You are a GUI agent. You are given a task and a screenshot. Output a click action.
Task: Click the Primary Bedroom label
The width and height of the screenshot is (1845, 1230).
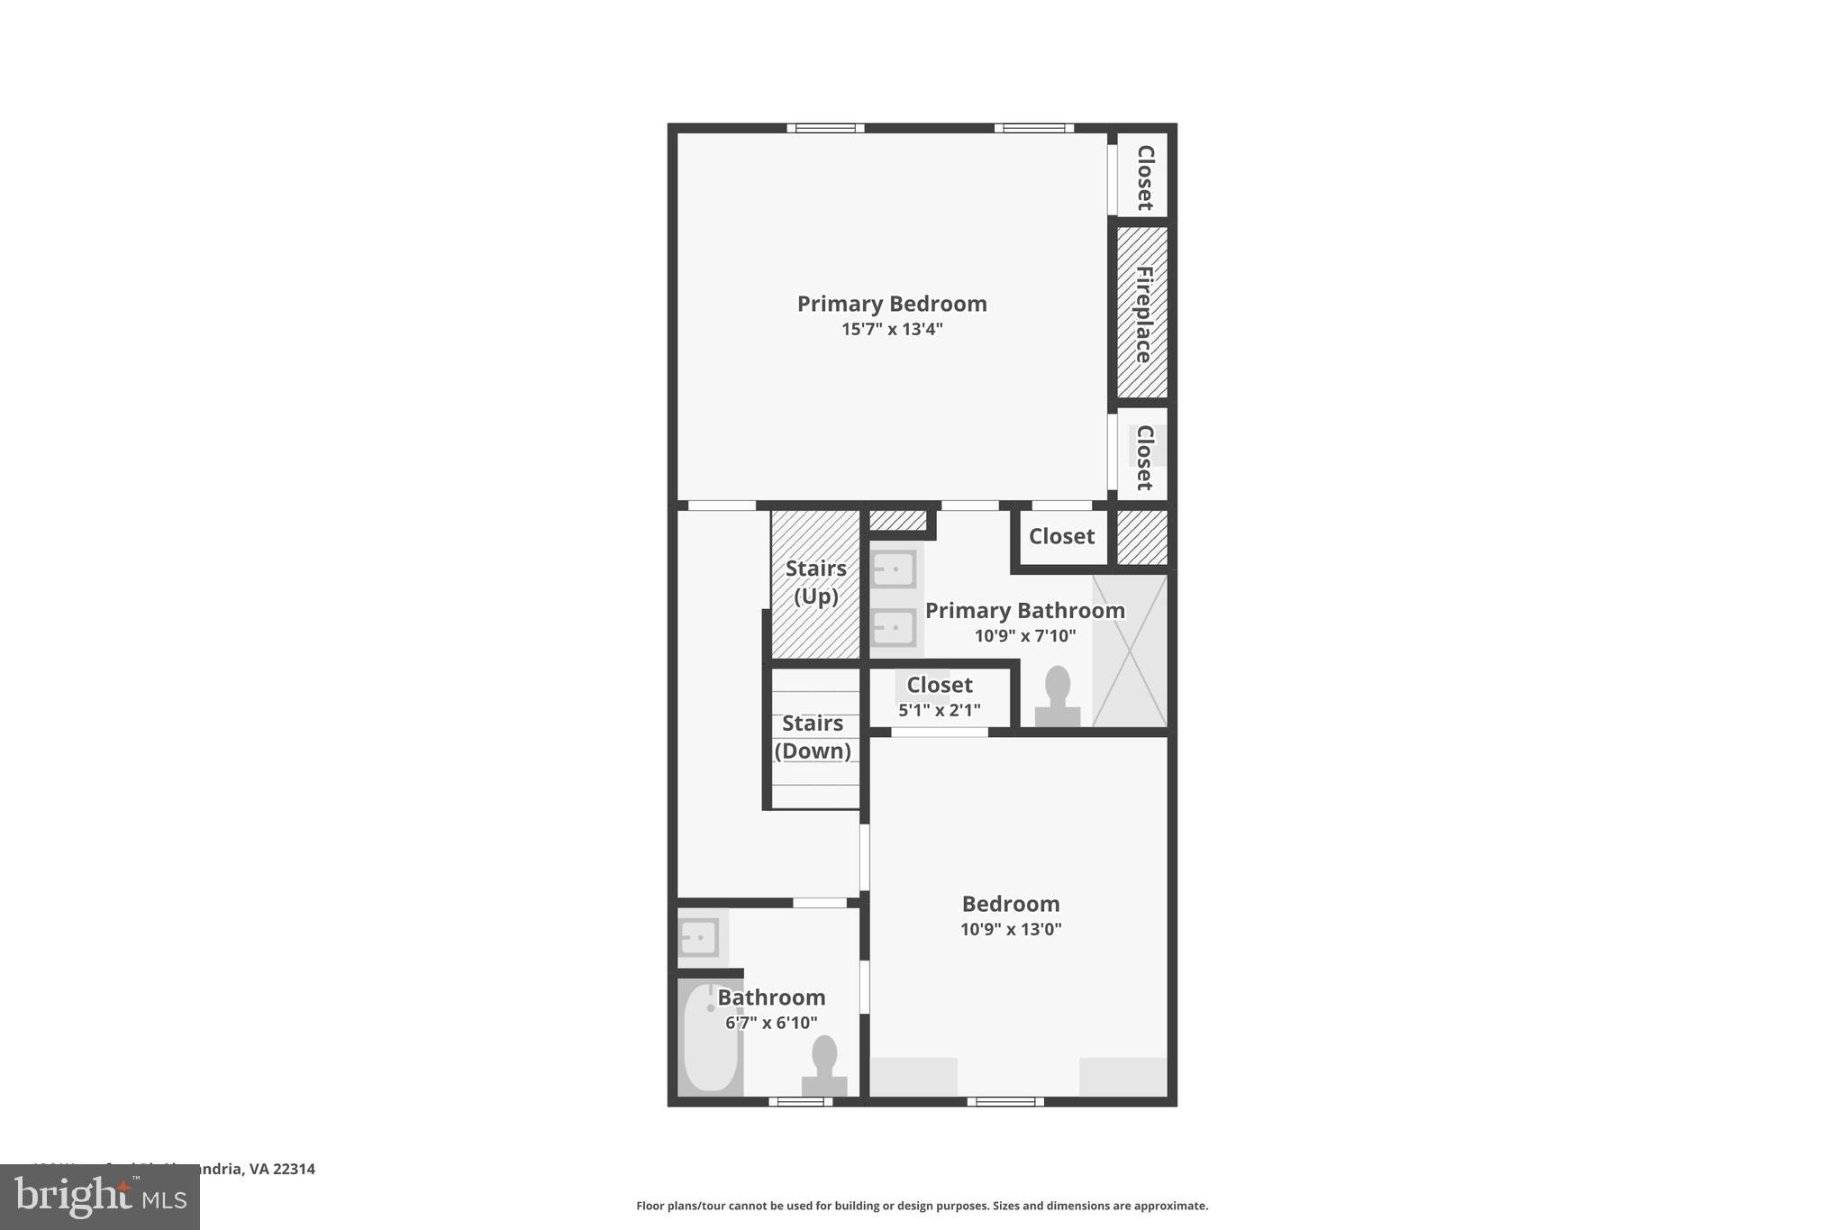click(x=891, y=304)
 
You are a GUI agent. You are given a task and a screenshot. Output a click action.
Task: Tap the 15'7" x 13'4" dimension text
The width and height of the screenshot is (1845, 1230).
click(x=891, y=330)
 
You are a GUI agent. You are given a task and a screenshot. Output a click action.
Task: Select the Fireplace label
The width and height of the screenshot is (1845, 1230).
click(x=1143, y=314)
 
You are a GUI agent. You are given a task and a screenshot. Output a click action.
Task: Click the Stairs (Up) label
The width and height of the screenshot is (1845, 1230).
click(x=815, y=582)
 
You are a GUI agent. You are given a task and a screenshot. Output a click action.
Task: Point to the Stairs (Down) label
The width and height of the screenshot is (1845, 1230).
click(x=813, y=736)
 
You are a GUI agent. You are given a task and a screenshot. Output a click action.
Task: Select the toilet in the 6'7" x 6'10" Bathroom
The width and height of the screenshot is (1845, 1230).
click(x=824, y=1066)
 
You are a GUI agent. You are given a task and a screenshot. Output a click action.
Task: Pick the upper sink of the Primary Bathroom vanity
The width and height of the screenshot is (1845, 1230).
click(x=893, y=569)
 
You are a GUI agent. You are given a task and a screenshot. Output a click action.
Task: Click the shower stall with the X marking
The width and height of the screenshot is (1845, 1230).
click(x=1130, y=651)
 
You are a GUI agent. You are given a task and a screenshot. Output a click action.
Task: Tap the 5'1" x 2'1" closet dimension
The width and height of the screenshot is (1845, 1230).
click(x=939, y=711)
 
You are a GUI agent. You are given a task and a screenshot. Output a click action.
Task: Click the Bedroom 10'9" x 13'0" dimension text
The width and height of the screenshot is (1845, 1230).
click(x=1011, y=930)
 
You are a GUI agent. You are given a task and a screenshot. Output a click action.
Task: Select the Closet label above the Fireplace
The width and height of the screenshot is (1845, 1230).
click(x=1144, y=178)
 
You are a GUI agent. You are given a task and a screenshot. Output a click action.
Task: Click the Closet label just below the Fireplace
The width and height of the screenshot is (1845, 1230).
click(x=1144, y=458)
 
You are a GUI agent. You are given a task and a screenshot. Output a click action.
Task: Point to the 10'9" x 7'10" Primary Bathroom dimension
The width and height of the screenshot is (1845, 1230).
click(x=1024, y=636)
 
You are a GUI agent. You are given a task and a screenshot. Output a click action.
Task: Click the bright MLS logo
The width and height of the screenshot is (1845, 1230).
click(x=100, y=1198)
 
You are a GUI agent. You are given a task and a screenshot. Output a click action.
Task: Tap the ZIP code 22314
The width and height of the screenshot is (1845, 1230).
click(x=294, y=1170)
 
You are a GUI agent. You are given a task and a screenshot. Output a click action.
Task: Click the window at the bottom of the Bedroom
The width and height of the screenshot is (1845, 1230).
click(x=1005, y=1101)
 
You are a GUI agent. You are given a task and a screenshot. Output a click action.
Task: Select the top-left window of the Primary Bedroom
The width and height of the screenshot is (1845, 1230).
click(x=825, y=128)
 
